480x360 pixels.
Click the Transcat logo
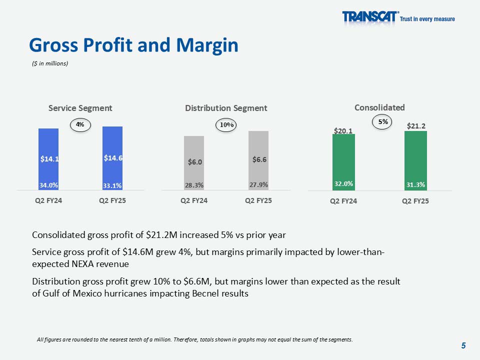pos(370,17)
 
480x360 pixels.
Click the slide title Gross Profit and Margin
pos(133,45)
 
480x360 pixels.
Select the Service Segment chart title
pos(80,108)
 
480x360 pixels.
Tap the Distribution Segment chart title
pos(226,108)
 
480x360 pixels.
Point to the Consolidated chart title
pos(379,107)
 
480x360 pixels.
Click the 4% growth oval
pos(80,124)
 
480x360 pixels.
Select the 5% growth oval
pos(383,121)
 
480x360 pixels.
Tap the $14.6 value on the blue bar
pos(113,158)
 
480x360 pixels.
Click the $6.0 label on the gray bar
pos(195,162)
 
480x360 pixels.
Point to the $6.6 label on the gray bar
pos(259,159)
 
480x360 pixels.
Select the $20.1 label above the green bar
pos(343,131)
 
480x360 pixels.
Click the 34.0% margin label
pos(49,185)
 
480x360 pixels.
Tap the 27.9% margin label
pos(258,184)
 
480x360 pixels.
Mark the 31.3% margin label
pos(416,184)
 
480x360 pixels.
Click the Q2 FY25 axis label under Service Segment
pos(113,201)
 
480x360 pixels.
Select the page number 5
pos(463,345)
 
